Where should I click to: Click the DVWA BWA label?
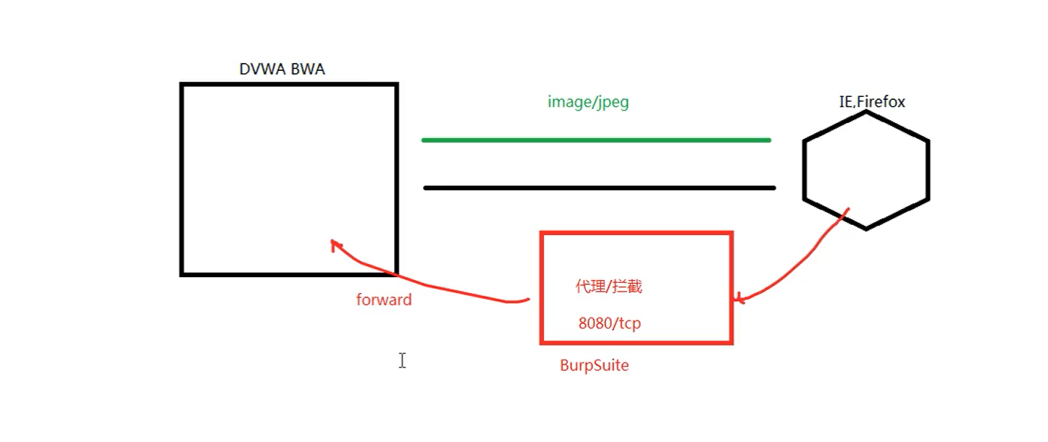click(282, 69)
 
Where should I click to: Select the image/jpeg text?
click(588, 102)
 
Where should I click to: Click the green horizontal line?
click(595, 140)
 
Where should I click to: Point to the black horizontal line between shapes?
click(599, 188)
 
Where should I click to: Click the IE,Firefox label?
click(872, 102)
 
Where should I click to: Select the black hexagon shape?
click(866, 171)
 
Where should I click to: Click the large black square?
click(289, 179)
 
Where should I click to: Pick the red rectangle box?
click(637, 287)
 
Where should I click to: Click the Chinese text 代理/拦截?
click(608, 286)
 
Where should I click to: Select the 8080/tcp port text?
click(609, 323)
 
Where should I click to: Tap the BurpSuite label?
click(594, 365)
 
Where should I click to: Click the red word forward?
click(384, 299)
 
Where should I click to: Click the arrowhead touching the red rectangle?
click(739, 298)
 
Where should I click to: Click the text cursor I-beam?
click(402, 360)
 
